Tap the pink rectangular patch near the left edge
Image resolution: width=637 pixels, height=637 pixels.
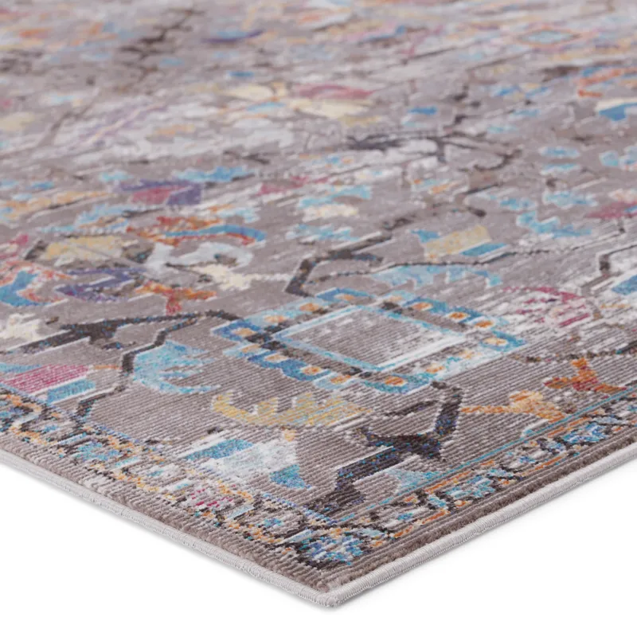pyautogui.click(x=48, y=377)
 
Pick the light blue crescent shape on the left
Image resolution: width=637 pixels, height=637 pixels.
pyautogui.click(x=171, y=366)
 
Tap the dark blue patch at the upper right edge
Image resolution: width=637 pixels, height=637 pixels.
pyautogui.click(x=617, y=111)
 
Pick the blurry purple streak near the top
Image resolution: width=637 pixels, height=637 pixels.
pyautogui.click(x=231, y=35)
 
